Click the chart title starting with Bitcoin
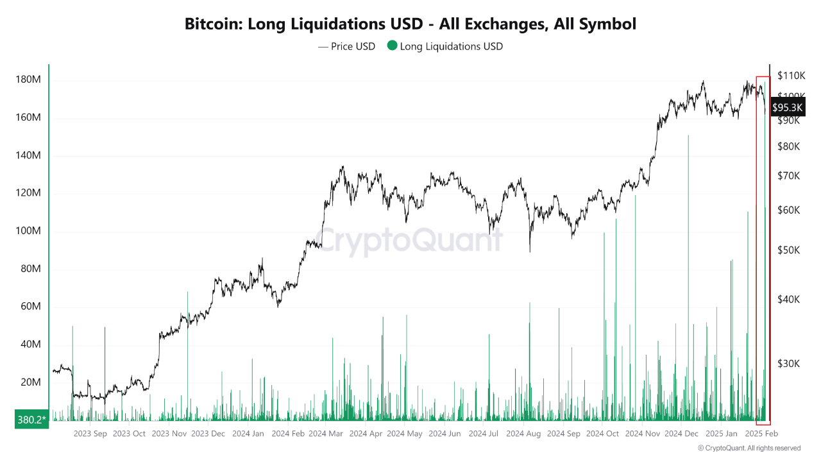pyautogui.click(x=410, y=24)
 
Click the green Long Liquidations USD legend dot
pyautogui.click(x=392, y=46)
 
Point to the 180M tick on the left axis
pyautogui.click(x=28, y=80)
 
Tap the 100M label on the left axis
pyautogui.click(x=28, y=231)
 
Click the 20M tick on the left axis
pyautogui.click(x=30, y=382)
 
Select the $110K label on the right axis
pyautogui.click(x=791, y=76)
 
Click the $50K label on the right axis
pyautogui.click(x=788, y=250)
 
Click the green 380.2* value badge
pyautogui.click(x=32, y=420)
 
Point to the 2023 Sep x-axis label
pyautogui.click(x=90, y=434)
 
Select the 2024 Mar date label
pyautogui.click(x=326, y=434)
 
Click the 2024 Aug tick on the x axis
pyautogui.click(x=523, y=434)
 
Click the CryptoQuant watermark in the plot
pyautogui.click(x=410, y=241)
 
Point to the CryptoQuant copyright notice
pyautogui.click(x=749, y=448)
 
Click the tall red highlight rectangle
pyautogui.click(x=763, y=250)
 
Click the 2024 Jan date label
pyautogui.click(x=248, y=434)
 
